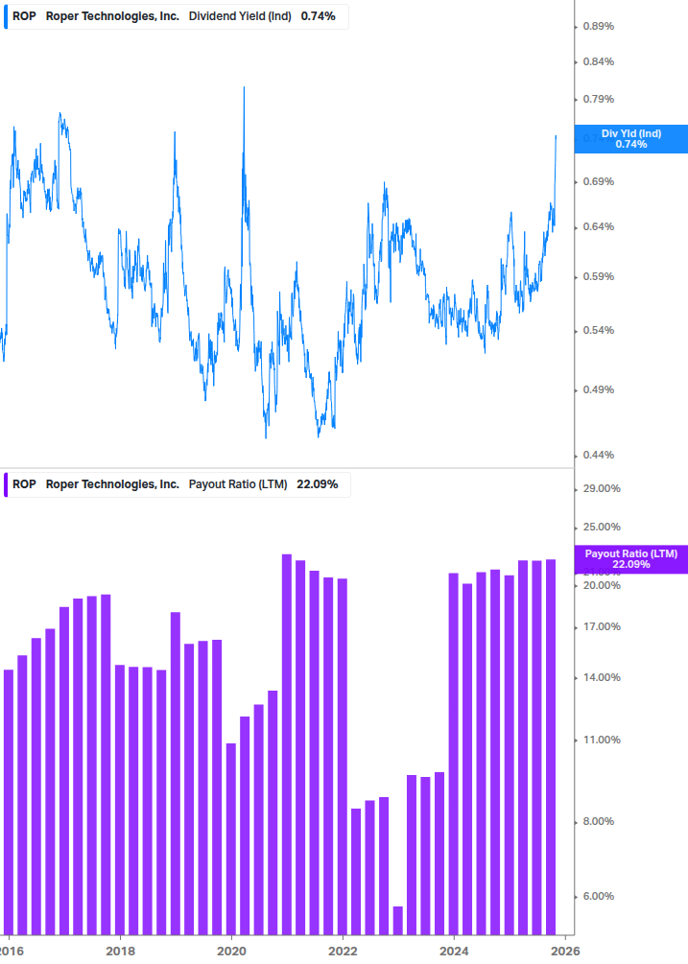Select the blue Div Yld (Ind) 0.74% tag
coord(630,139)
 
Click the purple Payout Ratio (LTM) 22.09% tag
coord(630,559)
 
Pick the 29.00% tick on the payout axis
coord(602,488)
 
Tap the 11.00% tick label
coord(602,741)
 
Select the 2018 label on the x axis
coord(120,951)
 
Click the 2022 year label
coord(343,951)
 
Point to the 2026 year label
coord(564,951)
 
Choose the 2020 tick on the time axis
coord(231,951)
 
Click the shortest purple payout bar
coord(397,919)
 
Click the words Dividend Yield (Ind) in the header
coord(241,16)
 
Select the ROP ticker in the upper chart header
coord(24,16)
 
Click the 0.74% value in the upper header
coord(318,16)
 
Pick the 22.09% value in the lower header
coord(318,484)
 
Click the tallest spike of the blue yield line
coord(244,88)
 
